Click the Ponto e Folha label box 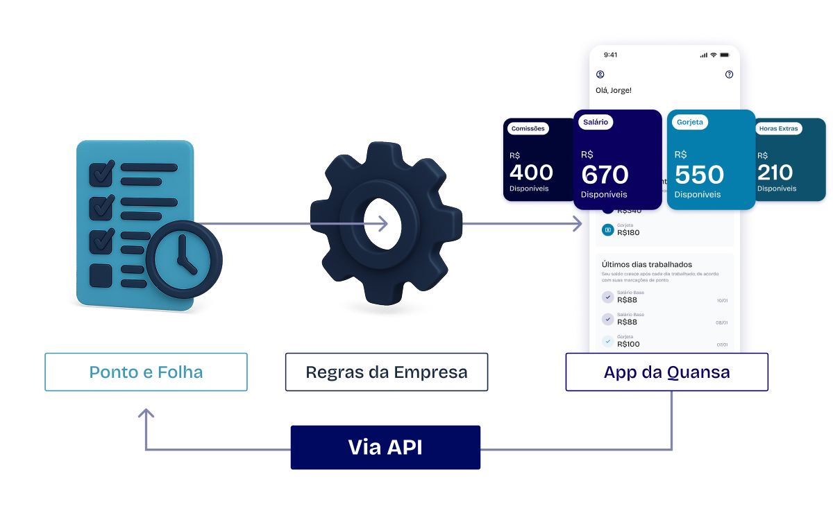pos(146,372)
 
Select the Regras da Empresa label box pos(386,372)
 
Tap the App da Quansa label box pos(666,372)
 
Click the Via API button pos(385,447)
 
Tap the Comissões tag pos(528,128)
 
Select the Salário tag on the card pos(596,122)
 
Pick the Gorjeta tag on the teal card pos(690,122)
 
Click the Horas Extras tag pos(779,128)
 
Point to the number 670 pos(605,175)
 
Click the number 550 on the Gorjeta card pos(699,175)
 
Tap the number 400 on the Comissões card pos(531,172)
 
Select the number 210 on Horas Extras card pos(775,172)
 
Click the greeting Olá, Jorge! pos(614,90)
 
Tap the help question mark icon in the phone pos(729,74)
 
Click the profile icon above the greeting pos(600,74)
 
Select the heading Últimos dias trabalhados pos(647,264)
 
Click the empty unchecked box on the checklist pos(101,276)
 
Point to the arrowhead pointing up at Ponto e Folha pos(146,414)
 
